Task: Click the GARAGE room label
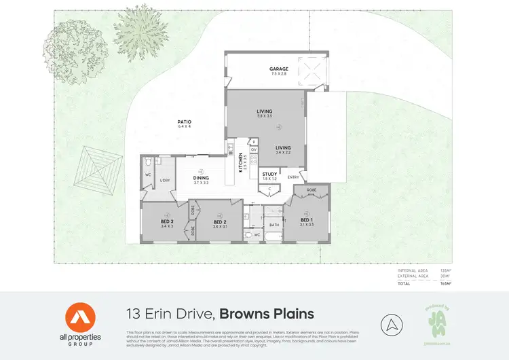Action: (x=278, y=69)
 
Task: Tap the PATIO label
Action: (x=185, y=122)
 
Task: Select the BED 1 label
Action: (x=307, y=221)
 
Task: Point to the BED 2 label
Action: (x=219, y=221)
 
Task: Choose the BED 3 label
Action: (x=168, y=221)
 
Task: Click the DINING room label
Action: (x=200, y=178)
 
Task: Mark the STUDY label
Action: (x=269, y=174)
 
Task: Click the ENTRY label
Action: (x=293, y=178)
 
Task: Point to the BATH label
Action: (x=275, y=224)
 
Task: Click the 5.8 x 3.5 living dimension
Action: (x=264, y=117)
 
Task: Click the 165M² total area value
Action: (x=446, y=284)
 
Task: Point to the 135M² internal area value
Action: (x=446, y=270)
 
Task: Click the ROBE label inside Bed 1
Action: (x=311, y=190)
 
